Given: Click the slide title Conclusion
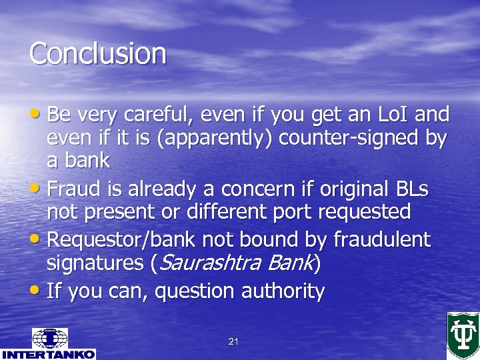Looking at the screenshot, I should (97, 53).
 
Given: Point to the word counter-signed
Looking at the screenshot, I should (351, 138).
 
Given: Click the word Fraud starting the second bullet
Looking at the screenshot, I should (70, 189).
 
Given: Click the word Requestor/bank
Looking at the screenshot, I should (123, 239).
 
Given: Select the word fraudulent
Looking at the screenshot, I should (382, 239).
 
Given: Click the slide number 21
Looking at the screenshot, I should (233, 342).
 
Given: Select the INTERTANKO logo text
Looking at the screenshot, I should (48, 354).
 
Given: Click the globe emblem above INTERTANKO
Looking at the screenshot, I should (49, 338).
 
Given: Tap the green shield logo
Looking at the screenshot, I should (463, 335).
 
